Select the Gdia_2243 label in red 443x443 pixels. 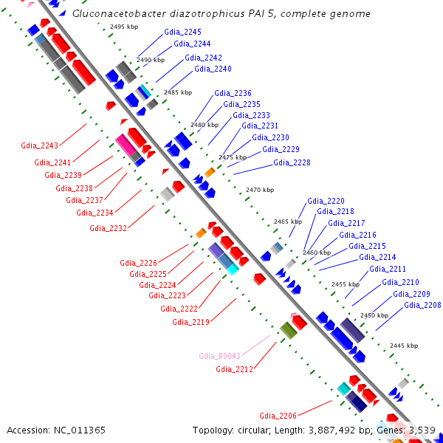[39, 145]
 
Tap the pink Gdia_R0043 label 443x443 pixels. [219, 356]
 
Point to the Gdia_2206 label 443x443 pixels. [278, 416]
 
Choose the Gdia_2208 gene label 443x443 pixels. [422, 306]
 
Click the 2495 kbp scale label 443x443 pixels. [123, 27]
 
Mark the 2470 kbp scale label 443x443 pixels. [259, 190]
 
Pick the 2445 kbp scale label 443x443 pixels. [403, 346]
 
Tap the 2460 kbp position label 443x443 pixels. [317, 253]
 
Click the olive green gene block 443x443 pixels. [288, 330]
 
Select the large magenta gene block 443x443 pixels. [126, 145]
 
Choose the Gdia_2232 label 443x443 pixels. [109, 228]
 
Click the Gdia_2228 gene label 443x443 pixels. [292, 163]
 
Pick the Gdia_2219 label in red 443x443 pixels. [191, 322]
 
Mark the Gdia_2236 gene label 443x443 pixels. [233, 94]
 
